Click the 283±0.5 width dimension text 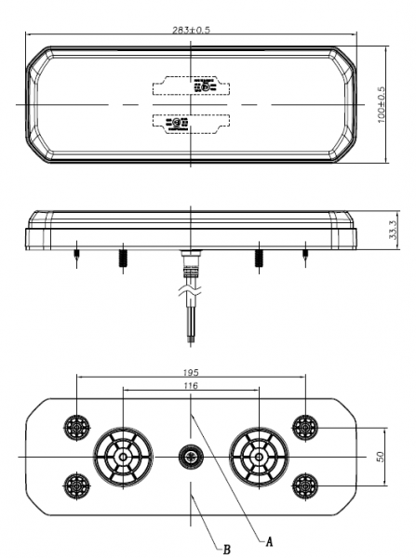[190, 29]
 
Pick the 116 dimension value [190, 385]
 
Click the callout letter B [227, 550]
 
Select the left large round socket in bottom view [121, 457]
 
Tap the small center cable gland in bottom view [190, 457]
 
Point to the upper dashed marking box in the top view [190, 86]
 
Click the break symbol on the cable [190, 296]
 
